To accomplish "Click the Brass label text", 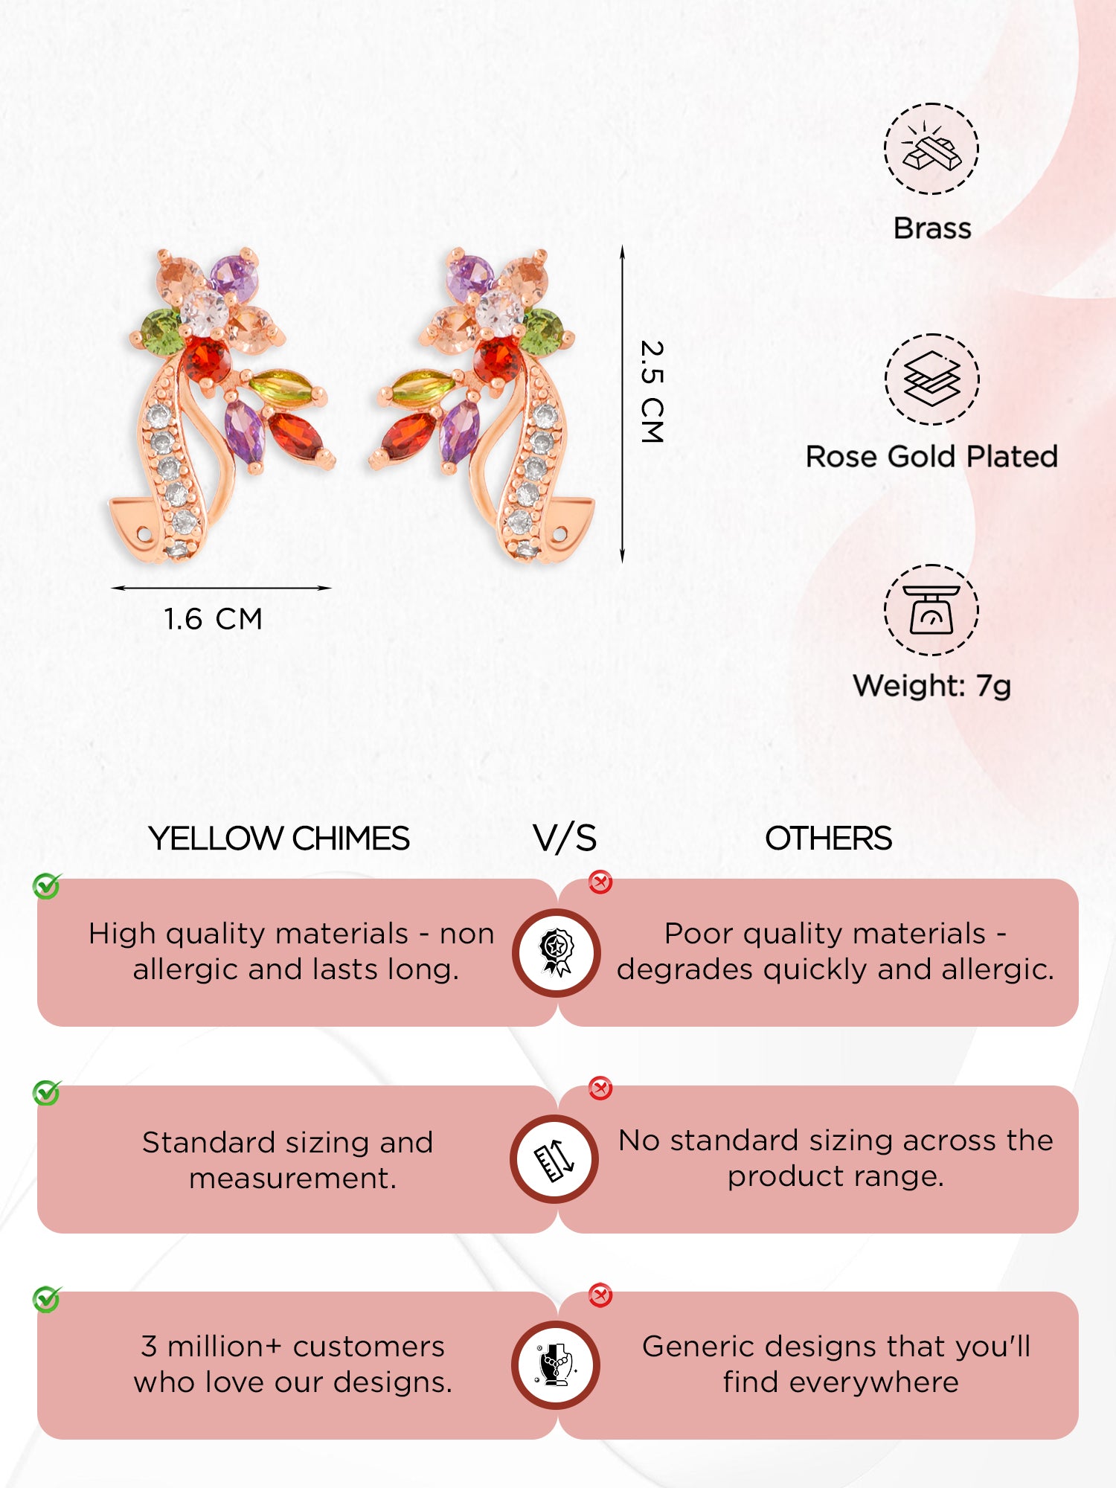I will pos(931,228).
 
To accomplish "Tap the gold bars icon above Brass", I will pos(931,149).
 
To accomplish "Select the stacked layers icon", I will pos(931,379).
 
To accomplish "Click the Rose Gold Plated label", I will pos(931,457).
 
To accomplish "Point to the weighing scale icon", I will pos(931,610).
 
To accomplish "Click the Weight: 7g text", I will pos(931,686).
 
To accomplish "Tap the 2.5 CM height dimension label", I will pos(652,392).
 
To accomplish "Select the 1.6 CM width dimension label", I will pos(213,619).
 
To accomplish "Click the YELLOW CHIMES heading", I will pos(279,838).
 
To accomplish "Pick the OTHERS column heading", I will pos(828,838).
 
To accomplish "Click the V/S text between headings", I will pos(565,838).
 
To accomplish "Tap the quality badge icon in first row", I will pos(557,953).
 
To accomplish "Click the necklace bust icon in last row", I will pos(557,1365).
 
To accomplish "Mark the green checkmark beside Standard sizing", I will pos(47,1093).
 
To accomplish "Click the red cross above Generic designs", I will pos(600,1295).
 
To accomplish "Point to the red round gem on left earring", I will pos(208,360).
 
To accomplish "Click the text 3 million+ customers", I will pos(293,1347).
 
